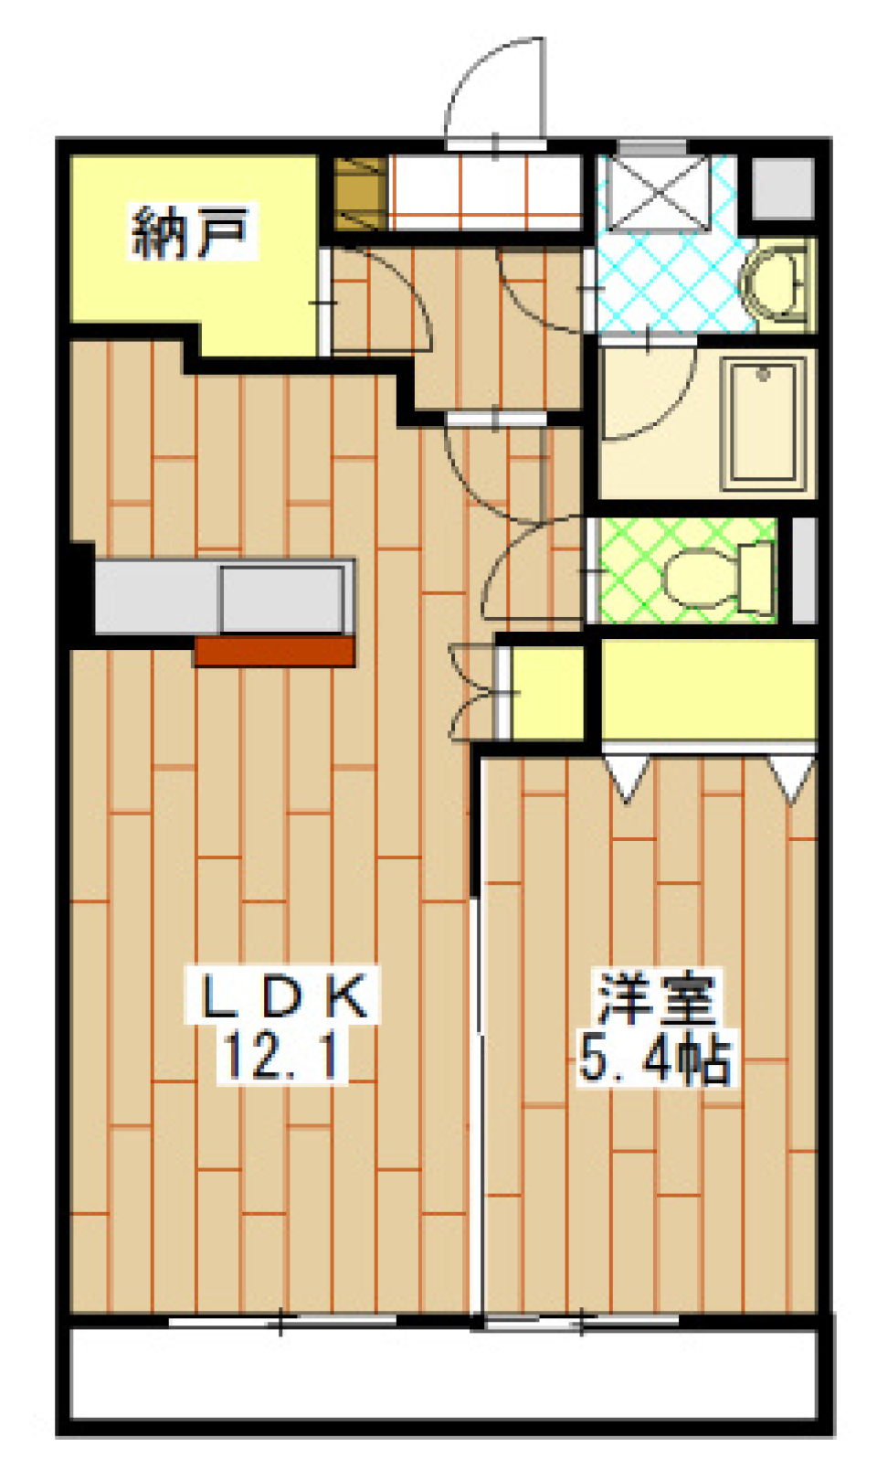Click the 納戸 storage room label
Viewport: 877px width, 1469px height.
[190, 232]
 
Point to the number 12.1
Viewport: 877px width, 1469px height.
[281, 1057]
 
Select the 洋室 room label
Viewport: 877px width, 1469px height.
[656, 997]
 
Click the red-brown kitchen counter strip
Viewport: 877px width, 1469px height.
[275, 651]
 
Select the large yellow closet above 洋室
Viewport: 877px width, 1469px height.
[709, 690]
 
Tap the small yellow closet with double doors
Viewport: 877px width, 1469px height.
[547, 693]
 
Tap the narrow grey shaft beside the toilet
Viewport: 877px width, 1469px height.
[805, 570]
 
